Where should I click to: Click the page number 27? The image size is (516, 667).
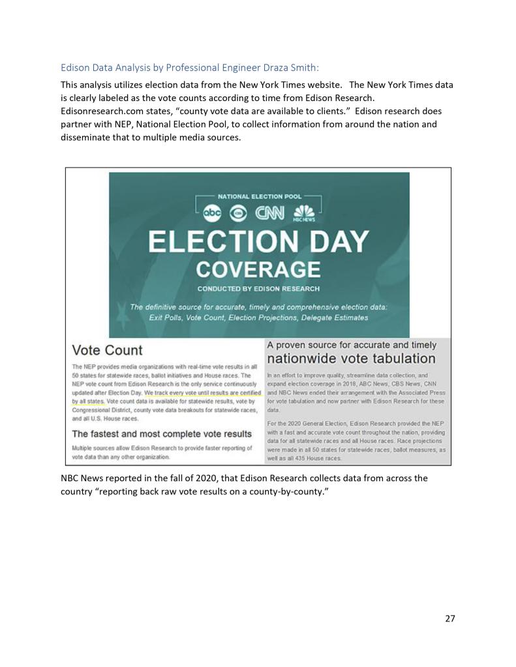tap(449, 618)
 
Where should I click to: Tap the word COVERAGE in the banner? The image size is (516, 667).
tap(259, 269)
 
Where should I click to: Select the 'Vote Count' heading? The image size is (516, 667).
tap(107, 350)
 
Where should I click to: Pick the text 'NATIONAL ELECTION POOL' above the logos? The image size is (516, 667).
tap(259, 196)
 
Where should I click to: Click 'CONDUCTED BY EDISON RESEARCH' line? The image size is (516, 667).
tap(259, 288)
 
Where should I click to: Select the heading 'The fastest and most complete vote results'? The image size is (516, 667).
tap(162, 434)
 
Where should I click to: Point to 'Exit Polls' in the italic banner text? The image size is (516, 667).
tap(168, 318)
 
